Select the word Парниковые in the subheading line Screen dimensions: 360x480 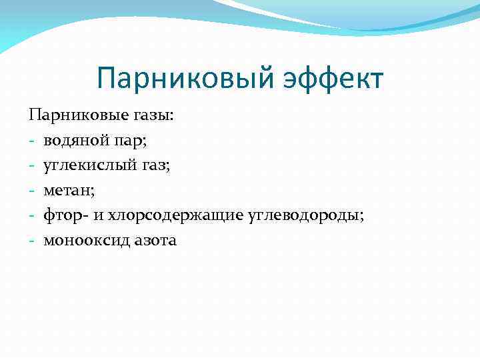(x=72, y=115)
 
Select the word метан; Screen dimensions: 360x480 (x=69, y=191)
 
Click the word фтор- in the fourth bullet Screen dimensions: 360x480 (x=65, y=216)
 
